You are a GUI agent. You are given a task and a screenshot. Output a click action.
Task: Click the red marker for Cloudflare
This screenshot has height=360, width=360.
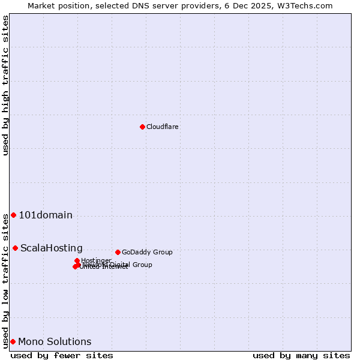(x=142, y=127)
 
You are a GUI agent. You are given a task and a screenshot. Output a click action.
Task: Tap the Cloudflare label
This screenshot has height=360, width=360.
(x=163, y=127)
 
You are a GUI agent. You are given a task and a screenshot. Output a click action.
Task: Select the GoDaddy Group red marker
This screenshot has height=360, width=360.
(x=118, y=252)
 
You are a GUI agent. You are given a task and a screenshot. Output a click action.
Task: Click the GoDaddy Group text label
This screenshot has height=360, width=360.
(x=147, y=252)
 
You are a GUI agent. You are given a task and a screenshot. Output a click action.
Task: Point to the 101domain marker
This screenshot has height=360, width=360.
(x=13, y=215)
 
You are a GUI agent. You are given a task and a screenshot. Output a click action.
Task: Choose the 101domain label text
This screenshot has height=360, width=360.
(x=46, y=215)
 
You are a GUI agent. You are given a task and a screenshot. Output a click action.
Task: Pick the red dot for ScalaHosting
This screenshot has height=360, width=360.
(x=15, y=248)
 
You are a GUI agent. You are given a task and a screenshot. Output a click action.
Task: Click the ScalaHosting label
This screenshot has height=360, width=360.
(x=52, y=248)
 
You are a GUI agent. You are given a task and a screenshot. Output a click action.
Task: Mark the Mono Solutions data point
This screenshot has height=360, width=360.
(x=13, y=341)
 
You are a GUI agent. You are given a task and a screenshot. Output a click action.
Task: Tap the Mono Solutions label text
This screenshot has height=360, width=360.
(x=55, y=341)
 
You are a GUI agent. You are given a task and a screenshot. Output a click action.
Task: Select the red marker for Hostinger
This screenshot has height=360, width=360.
(x=77, y=260)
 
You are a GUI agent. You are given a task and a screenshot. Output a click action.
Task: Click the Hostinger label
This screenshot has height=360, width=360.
(x=97, y=260)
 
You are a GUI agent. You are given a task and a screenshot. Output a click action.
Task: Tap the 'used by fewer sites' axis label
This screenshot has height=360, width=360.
(x=62, y=355)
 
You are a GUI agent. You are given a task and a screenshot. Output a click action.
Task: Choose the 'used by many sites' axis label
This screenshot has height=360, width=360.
(x=301, y=355)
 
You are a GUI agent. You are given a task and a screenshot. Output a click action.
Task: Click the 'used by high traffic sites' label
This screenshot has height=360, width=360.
(x=5, y=85)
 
